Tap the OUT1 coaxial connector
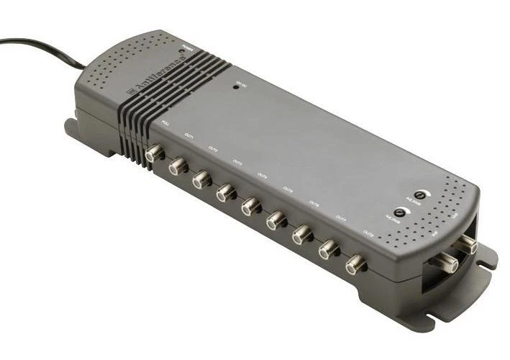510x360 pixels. click(x=177, y=167)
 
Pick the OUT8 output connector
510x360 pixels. click(x=355, y=264)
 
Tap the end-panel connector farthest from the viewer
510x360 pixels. click(x=469, y=245)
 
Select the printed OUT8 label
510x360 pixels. click(x=368, y=233)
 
